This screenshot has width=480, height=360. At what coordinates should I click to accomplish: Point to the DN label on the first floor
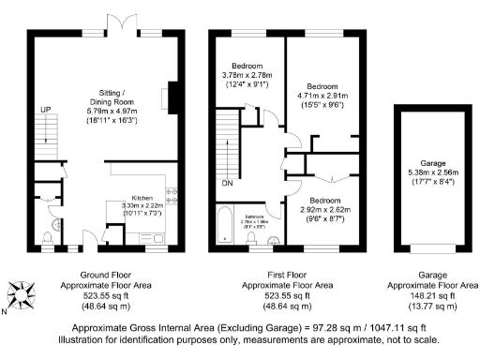tap(227, 183)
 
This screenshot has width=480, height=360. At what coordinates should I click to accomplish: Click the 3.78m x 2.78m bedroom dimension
tap(246, 74)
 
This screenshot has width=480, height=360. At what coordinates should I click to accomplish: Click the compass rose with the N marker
tap(25, 297)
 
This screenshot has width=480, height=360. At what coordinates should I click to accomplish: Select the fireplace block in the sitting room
tap(168, 97)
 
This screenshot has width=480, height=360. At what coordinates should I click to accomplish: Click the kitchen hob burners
tap(172, 196)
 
